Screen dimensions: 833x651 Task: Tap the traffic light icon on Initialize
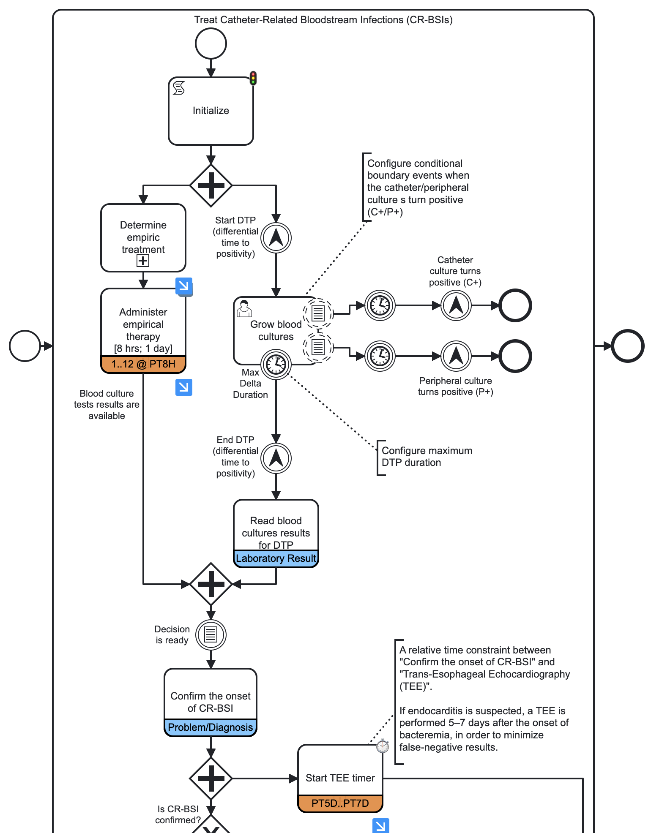(253, 78)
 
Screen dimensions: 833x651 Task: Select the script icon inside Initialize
(179, 88)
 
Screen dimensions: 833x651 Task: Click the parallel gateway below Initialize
(211, 185)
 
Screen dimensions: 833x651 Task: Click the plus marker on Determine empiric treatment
(143, 261)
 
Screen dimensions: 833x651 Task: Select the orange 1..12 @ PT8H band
(143, 364)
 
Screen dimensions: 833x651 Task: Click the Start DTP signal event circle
(276, 238)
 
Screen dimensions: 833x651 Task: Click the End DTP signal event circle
(276, 458)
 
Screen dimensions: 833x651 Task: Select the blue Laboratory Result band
(276, 558)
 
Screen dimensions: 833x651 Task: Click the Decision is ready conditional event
(211, 634)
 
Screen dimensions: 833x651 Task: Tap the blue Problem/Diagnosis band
(210, 727)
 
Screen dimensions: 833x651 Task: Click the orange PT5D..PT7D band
(340, 803)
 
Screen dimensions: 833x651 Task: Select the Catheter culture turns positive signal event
(456, 305)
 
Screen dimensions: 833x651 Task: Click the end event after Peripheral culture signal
(515, 356)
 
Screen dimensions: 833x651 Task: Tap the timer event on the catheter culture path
(380, 305)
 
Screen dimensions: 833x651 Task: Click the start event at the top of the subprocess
(211, 44)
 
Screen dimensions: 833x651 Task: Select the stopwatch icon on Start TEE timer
(382, 746)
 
